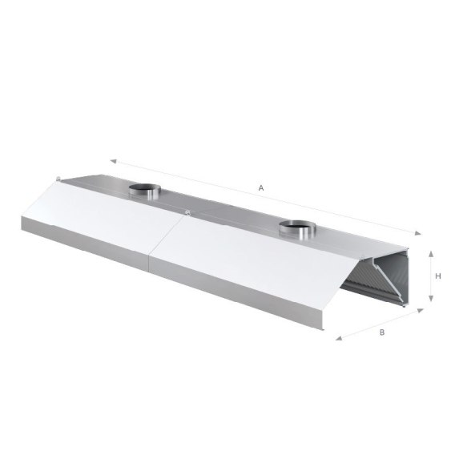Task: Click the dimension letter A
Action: (x=261, y=188)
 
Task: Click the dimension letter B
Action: (x=382, y=332)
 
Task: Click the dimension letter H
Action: (x=438, y=276)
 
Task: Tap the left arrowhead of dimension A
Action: (x=113, y=161)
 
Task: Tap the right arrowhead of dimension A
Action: (x=418, y=233)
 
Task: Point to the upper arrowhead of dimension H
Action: (x=431, y=254)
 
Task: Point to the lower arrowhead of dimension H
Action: (x=431, y=298)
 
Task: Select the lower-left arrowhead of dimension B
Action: (x=339, y=338)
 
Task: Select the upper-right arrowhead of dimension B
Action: (x=421, y=311)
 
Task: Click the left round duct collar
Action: (x=145, y=191)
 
